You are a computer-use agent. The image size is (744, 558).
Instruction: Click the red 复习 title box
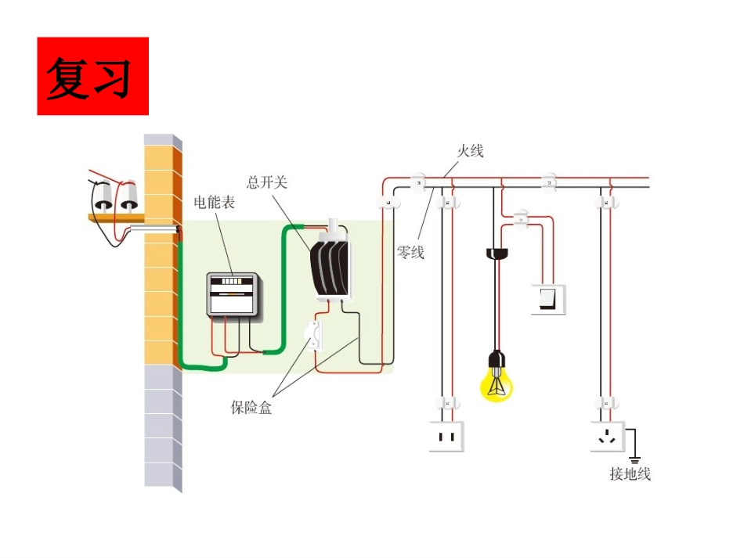point(93,76)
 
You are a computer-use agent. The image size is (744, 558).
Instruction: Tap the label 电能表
point(214,203)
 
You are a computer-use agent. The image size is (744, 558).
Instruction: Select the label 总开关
point(266,182)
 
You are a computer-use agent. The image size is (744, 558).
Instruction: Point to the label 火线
point(470,151)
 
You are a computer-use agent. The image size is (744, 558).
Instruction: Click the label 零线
point(410,252)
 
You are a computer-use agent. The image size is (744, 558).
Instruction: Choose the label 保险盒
point(251,407)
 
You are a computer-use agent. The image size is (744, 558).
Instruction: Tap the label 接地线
point(630,473)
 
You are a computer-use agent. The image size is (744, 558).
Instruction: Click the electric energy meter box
point(233,295)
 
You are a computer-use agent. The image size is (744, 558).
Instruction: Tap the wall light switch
point(548,299)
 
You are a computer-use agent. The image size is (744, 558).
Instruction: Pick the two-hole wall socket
point(446,436)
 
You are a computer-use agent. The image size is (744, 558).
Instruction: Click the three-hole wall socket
point(608,436)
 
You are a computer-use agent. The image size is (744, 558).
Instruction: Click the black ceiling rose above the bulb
point(497,254)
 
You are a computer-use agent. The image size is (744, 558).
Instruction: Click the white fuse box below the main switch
point(314,336)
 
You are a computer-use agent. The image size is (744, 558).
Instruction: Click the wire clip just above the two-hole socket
point(447,404)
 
